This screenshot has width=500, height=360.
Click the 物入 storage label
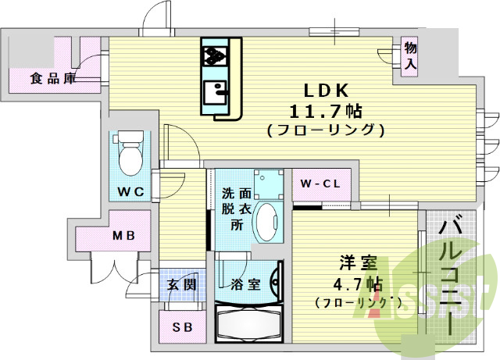click(410, 56)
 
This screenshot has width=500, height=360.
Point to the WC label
click(130, 191)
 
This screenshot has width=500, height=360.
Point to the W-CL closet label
click(320, 184)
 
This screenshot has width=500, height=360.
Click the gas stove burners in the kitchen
click(215, 55)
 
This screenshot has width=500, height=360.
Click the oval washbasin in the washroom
click(269, 223)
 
